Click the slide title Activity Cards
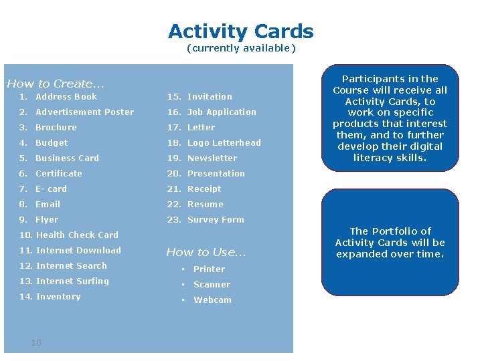coord(240,31)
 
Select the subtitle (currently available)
coord(240,48)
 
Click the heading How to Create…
coord(56,84)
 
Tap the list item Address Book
coord(66,97)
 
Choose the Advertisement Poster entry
coord(84,112)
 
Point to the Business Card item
coord(67,158)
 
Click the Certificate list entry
coord(59,174)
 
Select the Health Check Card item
coord(77,235)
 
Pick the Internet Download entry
coord(78,251)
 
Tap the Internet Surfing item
coord(72,281)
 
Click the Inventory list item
coord(58,297)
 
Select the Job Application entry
coord(222,112)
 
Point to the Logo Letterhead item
coord(224,143)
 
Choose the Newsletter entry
coord(212,158)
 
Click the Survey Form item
coord(216,220)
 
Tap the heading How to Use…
coord(206,252)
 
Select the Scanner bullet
coord(212,285)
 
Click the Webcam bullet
coord(212,300)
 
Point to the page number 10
coord(36,343)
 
